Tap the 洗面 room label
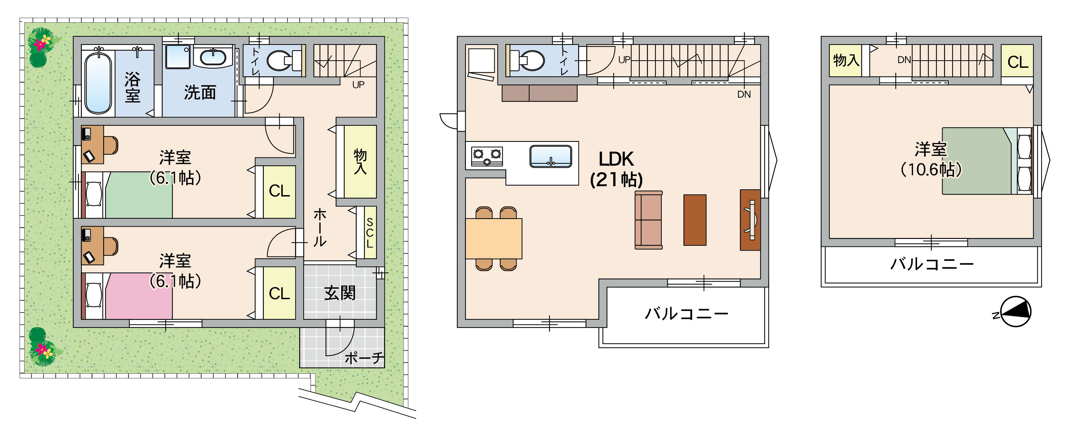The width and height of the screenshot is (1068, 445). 200,92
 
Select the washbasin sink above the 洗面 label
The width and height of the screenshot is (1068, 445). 213,57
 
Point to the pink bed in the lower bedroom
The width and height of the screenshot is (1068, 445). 139,296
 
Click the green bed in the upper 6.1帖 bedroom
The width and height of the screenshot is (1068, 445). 139,195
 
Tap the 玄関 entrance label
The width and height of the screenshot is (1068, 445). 340,293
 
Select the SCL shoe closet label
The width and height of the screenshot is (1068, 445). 369,233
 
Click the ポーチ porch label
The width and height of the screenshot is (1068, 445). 364,357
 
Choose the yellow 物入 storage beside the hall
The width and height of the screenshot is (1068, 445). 360,161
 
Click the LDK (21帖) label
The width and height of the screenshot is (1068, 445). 616,169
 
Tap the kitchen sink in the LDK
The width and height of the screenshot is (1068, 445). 550,156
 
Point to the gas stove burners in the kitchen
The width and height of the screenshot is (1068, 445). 487,156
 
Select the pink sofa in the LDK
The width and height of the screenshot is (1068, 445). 648,220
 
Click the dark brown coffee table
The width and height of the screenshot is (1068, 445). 695,220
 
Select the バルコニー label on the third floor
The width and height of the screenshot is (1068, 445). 932,264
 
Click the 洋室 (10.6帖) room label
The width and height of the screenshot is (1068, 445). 931,159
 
